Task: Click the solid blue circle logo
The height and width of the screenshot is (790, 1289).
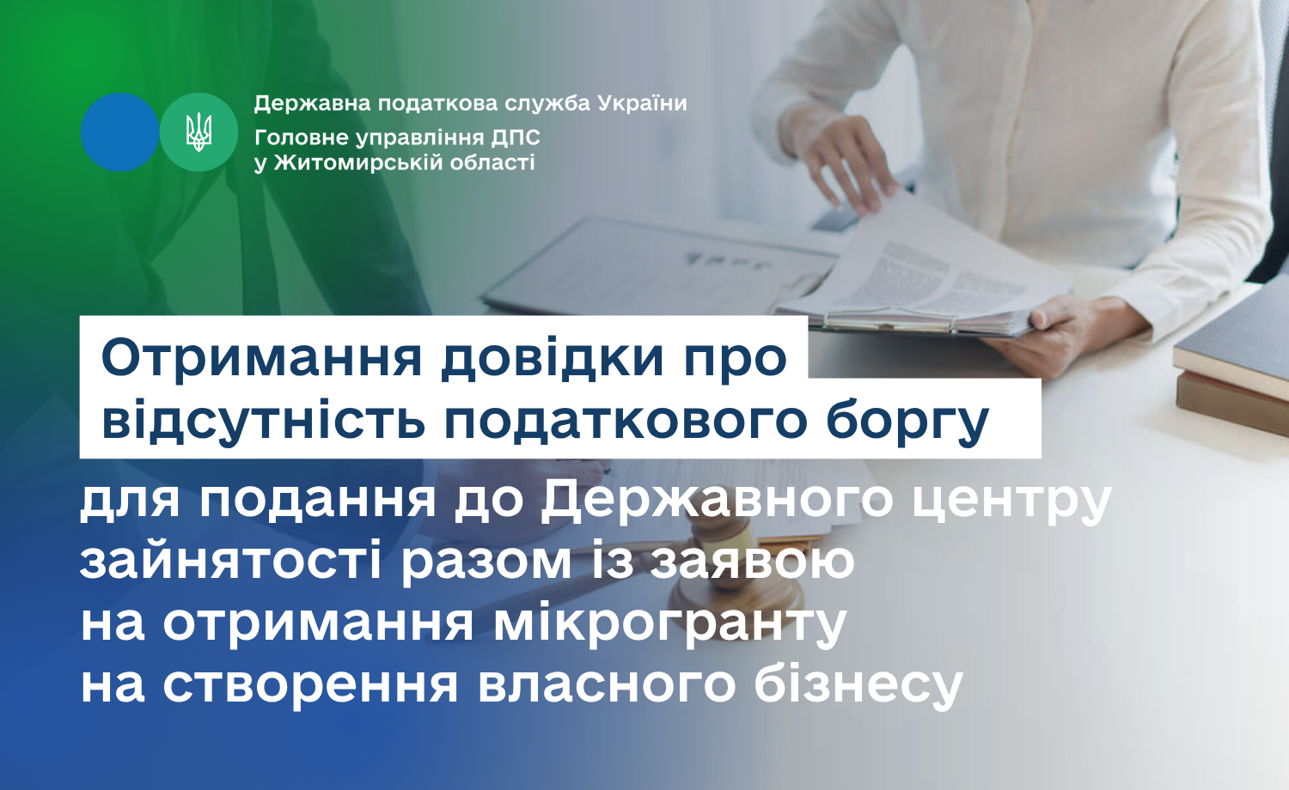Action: point(119,132)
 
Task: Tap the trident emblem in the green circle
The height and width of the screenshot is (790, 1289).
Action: point(199,132)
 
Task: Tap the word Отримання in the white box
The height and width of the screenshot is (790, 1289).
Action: point(262,359)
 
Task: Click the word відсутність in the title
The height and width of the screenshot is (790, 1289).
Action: point(264,421)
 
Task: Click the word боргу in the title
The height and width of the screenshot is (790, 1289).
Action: point(907,422)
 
